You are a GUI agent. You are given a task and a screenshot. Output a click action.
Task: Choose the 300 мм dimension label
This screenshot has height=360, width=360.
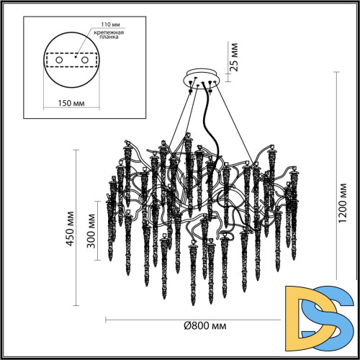coord(91,233)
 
